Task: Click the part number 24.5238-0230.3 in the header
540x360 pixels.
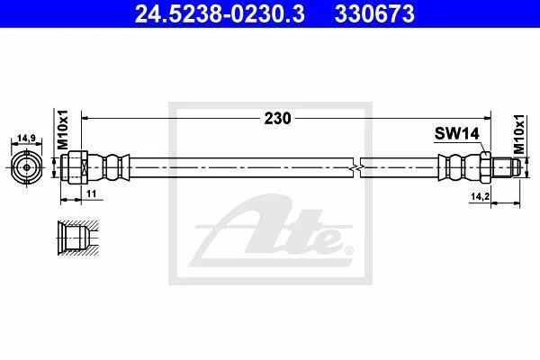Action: (220, 14)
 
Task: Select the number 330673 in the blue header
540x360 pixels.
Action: (374, 14)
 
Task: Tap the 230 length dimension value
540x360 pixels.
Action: (277, 119)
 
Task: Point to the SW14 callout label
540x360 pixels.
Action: (456, 133)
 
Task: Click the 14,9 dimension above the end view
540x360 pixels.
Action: (26, 138)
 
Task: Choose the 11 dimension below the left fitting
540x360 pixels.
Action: (91, 193)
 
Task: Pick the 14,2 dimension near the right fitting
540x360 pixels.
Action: (481, 196)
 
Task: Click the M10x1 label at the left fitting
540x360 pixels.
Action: (63, 130)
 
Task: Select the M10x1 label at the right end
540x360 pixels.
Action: (518, 134)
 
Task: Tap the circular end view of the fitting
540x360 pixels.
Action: (26, 167)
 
